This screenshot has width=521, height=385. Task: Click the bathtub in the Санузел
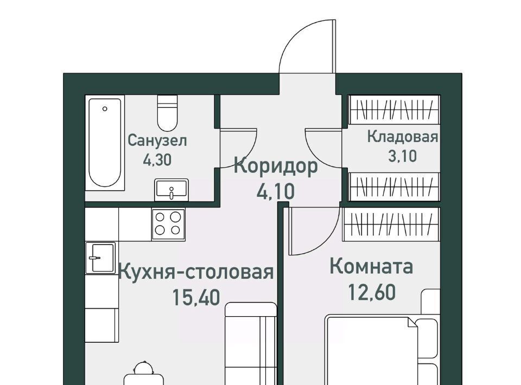(105, 143)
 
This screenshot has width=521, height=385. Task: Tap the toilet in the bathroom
(167, 113)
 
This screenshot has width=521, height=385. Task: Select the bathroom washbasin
(171, 189)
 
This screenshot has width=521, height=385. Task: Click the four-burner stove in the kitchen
(168, 224)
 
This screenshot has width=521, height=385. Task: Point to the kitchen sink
(100, 258)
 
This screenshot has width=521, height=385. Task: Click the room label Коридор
(276, 166)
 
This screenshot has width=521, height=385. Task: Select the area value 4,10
(276, 191)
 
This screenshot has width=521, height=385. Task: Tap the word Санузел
(157, 141)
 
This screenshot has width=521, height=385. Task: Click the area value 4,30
(157, 159)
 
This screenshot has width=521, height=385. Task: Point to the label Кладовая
(402, 137)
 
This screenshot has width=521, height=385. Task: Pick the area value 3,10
(402, 156)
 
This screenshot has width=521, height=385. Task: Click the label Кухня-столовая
(196, 272)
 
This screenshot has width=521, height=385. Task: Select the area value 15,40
(196, 297)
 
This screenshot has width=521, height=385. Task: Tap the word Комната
(371, 266)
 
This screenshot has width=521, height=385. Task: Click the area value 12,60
(371, 292)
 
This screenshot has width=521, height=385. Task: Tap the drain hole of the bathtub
(105, 108)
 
